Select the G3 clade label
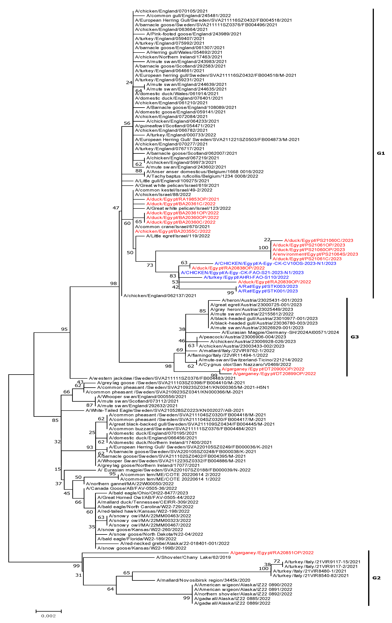[x=354, y=337]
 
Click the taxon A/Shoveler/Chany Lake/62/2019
[x=193, y=557]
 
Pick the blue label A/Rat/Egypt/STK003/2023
[x=268, y=286]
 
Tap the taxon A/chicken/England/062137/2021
[x=160, y=296]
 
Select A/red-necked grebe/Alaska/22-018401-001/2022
[x=175, y=544]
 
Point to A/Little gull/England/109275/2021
[x=172, y=181]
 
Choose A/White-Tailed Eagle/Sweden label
[x=165, y=410]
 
